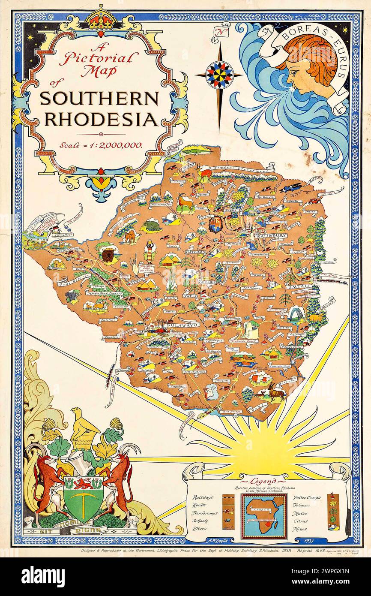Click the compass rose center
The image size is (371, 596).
click(x=219, y=75)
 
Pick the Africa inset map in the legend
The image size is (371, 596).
click(x=263, y=516)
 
